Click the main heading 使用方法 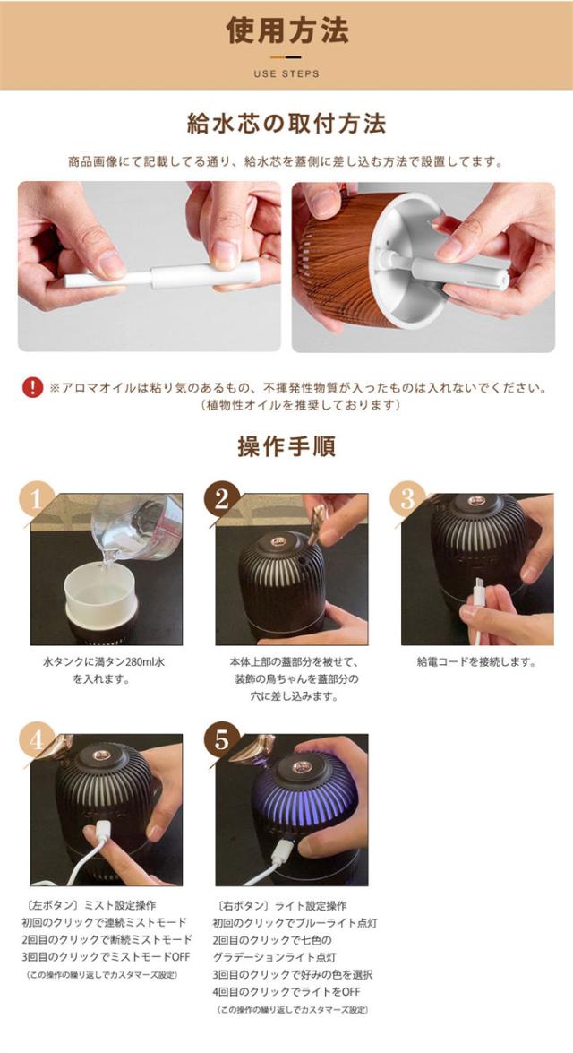click(286, 30)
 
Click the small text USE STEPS click(286, 73)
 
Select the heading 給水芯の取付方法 click(286, 124)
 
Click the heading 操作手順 click(286, 446)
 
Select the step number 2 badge click(222, 499)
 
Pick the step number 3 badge click(408, 499)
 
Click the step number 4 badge click(37, 739)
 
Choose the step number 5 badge click(222, 739)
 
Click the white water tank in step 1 click(100, 591)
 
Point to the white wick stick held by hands click(162, 275)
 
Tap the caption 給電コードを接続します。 click(476, 662)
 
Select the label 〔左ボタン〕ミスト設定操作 click(90, 905)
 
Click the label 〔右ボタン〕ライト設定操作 click(280, 905)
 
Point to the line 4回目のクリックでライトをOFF click(286, 991)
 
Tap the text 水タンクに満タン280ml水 click(103, 662)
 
